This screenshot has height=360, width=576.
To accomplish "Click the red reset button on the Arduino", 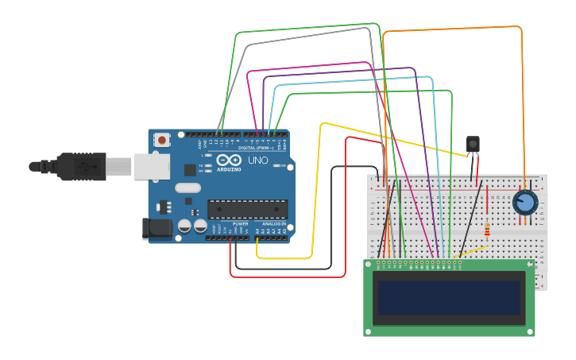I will [x=162, y=140].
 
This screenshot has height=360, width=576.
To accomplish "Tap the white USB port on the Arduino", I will [x=151, y=166].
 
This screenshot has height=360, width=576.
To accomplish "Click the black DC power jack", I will [x=156, y=229].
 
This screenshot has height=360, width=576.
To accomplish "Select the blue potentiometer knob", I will [x=524, y=202].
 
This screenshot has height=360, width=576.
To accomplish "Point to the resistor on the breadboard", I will [x=487, y=230].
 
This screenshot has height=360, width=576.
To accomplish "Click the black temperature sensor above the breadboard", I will [x=473, y=144].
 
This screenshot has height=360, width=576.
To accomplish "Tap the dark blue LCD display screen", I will [x=449, y=298].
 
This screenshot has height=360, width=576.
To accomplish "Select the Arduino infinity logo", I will [x=228, y=160].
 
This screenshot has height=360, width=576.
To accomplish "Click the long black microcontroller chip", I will [x=247, y=209].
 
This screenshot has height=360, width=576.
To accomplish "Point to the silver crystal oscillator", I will [x=188, y=188].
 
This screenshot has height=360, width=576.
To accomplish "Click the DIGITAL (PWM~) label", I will [x=255, y=148].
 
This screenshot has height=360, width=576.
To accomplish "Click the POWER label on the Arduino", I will [x=240, y=224].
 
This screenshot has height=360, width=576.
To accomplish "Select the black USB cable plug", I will [x=79, y=166].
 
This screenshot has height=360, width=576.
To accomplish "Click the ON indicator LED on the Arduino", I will [x=276, y=165].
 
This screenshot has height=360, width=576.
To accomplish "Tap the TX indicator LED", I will [x=207, y=165].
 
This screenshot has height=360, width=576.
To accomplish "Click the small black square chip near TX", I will [x=190, y=169].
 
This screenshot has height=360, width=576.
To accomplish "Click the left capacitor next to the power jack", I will [x=184, y=226].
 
